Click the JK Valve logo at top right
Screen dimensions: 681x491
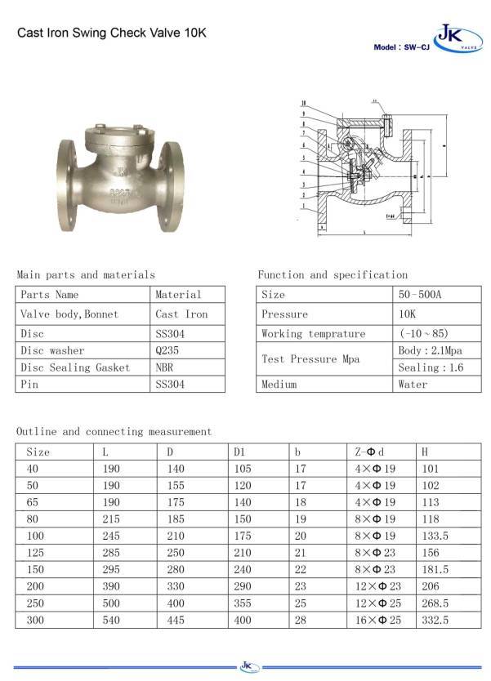[x=451, y=37]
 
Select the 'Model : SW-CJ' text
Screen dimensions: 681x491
[x=400, y=47]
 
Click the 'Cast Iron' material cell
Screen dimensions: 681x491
[x=181, y=314]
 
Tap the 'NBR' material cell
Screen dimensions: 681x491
[x=164, y=367]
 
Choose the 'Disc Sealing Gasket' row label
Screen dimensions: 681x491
[x=75, y=367]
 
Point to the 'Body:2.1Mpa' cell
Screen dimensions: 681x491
[x=431, y=350]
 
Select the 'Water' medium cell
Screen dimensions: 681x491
[x=413, y=384]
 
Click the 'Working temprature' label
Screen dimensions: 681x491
[x=313, y=334]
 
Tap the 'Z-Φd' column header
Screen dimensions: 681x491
[x=368, y=451]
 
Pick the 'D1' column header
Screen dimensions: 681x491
[x=239, y=451]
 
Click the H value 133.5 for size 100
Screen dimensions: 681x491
[x=435, y=536]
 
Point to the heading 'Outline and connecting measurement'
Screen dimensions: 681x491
[x=114, y=431]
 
